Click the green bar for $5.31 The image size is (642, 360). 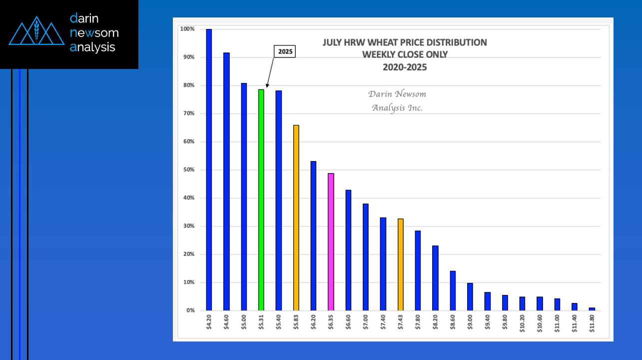pyautogui.click(x=261, y=200)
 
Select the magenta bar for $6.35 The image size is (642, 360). pyautogui.click(x=331, y=242)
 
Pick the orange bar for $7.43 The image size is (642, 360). pyautogui.click(x=400, y=264)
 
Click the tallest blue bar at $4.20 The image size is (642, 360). pyautogui.click(x=209, y=170)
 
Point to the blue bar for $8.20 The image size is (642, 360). pyautogui.click(x=435, y=278)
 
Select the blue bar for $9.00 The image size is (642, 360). pyautogui.click(x=470, y=296)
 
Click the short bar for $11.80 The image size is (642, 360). pyautogui.click(x=592, y=309)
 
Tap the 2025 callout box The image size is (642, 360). pyautogui.click(x=285, y=51)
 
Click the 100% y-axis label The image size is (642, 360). pyautogui.click(x=187, y=29)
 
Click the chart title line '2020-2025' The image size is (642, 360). pyautogui.click(x=405, y=67)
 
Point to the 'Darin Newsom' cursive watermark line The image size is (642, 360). pyautogui.click(x=397, y=94)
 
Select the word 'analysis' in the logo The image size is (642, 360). pyautogui.click(x=92, y=47)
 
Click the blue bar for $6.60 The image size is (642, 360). pyautogui.click(x=348, y=250)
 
